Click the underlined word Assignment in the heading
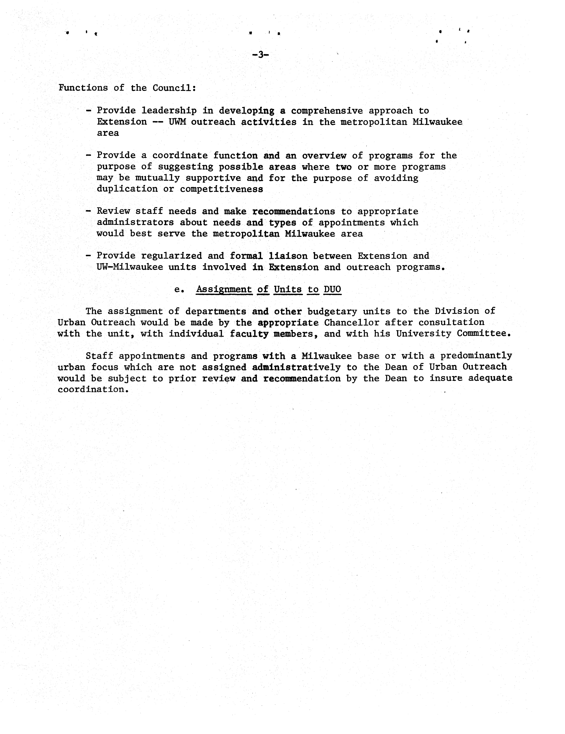pyautogui.click(x=224, y=289)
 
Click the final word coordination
pyautogui.click(x=93, y=390)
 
